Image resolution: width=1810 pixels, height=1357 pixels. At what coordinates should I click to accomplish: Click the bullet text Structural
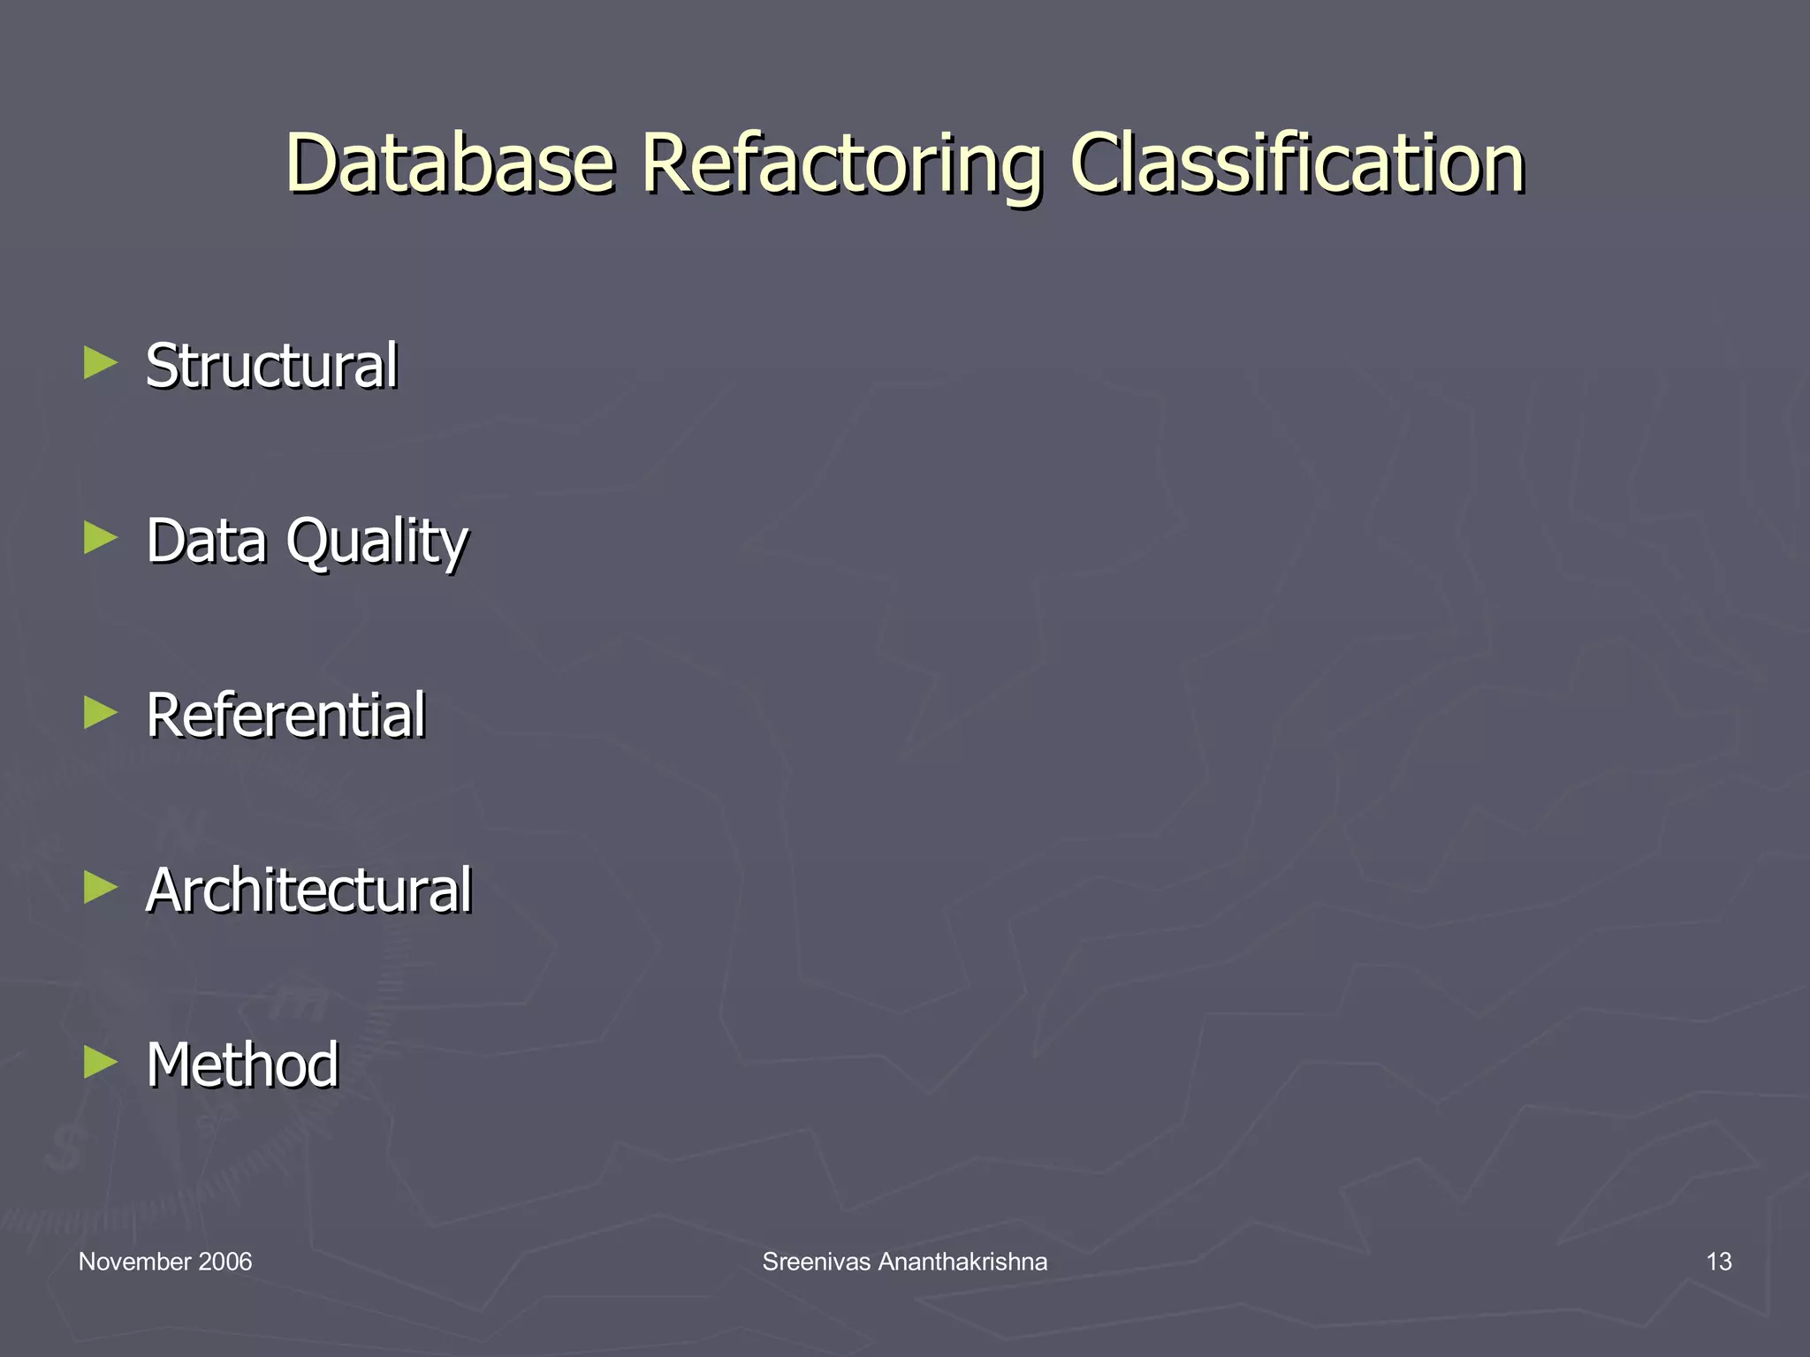(271, 365)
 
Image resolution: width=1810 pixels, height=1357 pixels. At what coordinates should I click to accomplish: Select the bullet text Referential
(285, 715)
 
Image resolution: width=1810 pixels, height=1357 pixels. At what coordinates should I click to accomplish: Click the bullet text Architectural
(308, 890)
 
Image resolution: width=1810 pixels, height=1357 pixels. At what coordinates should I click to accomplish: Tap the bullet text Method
(242, 1064)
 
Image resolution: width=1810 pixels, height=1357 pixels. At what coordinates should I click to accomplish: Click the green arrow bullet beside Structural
(101, 362)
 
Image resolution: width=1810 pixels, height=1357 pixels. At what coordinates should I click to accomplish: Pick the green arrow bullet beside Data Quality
(101, 537)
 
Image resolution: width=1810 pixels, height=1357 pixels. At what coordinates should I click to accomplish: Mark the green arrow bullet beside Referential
(101, 712)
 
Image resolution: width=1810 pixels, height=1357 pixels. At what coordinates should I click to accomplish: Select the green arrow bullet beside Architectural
(101, 887)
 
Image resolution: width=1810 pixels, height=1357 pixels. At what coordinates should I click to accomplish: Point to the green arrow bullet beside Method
(101, 1061)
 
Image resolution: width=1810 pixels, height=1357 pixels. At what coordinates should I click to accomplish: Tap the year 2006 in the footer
(225, 1262)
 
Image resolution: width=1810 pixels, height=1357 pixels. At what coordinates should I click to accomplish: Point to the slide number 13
(1718, 1262)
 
